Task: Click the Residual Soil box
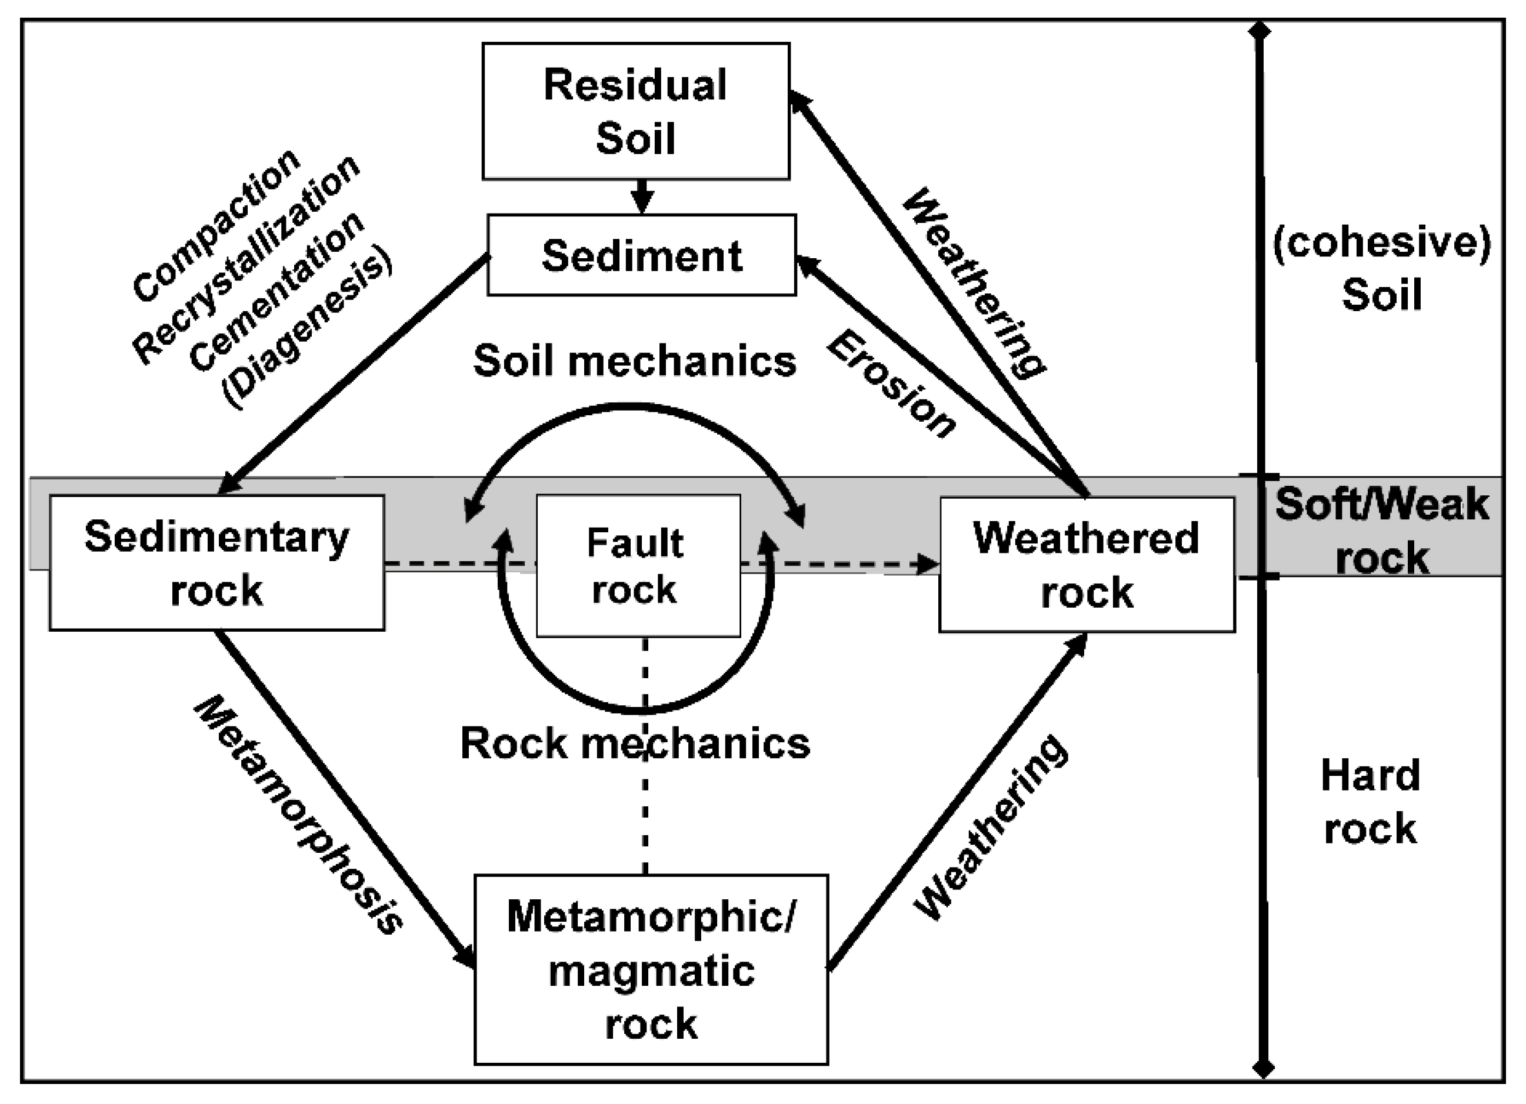(635, 112)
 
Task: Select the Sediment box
(641, 256)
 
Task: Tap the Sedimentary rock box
(216, 563)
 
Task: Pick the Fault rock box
(637, 566)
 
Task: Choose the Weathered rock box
(1086, 565)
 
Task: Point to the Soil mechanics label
(635, 361)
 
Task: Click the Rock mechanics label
(635, 744)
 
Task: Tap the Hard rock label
(1370, 801)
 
